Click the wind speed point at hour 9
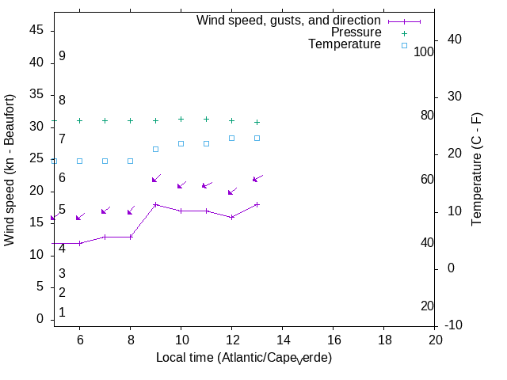pos(155,204)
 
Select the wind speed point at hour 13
pos(257,204)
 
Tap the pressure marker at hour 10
pos(181,119)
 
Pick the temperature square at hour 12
pos(231,138)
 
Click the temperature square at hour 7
pos(105,161)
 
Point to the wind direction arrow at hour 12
pos(233,191)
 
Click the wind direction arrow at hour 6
pos(80,216)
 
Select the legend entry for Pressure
pos(356,32)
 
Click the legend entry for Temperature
pos(345,45)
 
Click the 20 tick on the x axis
pos(435,339)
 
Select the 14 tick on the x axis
pos(282,339)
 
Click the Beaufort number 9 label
pos(62,56)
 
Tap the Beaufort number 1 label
pos(62,313)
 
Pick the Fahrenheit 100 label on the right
pos(425,51)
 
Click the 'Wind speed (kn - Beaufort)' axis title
pos(10,169)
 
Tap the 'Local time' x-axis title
pos(243,358)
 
